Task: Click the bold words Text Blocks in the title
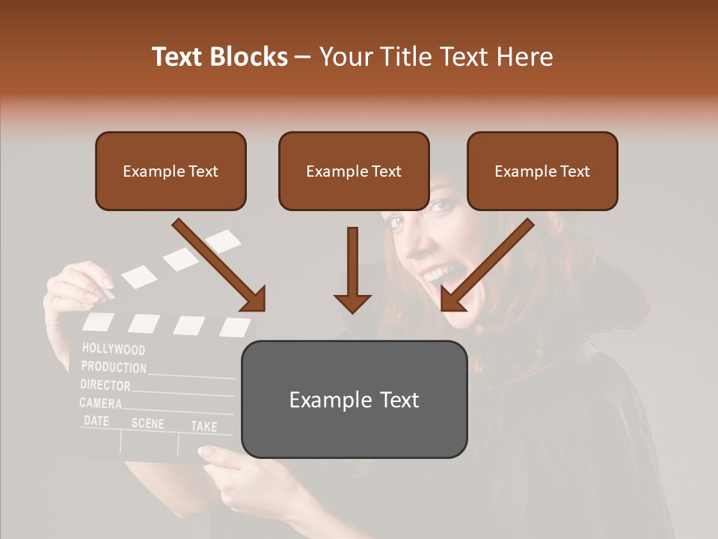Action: click(x=220, y=57)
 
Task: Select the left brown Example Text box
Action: click(x=171, y=171)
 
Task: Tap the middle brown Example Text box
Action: click(x=354, y=171)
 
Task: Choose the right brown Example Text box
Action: click(x=542, y=171)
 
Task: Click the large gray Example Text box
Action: click(x=354, y=399)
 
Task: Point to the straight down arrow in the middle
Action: click(x=352, y=269)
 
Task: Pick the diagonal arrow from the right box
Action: click(x=487, y=265)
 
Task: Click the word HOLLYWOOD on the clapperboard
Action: click(x=114, y=349)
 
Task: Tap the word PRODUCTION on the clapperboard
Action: click(x=114, y=368)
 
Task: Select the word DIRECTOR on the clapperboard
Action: click(x=105, y=386)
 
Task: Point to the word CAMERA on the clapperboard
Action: click(x=101, y=404)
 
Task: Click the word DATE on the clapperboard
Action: click(x=96, y=421)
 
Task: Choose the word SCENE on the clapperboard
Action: click(x=147, y=423)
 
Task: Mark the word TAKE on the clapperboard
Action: click(x=203, y=426)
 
